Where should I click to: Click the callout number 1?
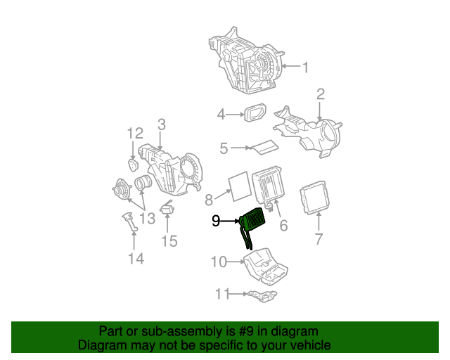tap(306, 67)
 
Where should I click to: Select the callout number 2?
tap(321, 94)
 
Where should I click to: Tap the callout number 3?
tap(161, 124)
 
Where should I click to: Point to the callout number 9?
tap(217, 221)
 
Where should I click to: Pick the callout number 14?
tap(136, 259)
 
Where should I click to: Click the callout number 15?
tap(169, 242)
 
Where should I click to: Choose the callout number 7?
tap(318, 239)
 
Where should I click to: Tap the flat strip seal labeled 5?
tap(264, 147)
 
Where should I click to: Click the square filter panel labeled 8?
tap(238, 184)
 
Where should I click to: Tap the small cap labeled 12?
tap(133, 164)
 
